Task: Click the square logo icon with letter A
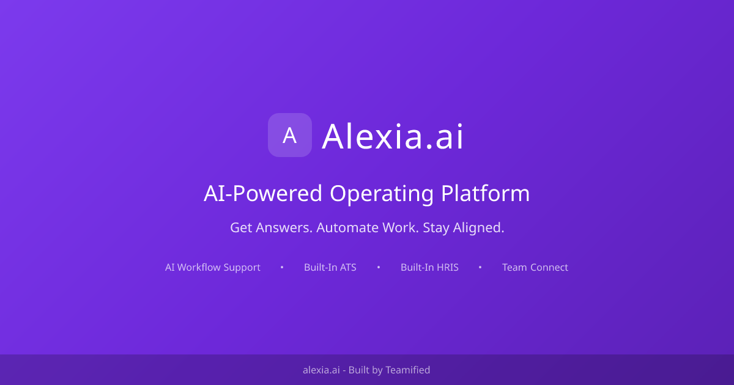point(290,135)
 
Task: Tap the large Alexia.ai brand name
point(393,136)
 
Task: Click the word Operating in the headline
point(382,193)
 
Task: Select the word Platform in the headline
point(485,193)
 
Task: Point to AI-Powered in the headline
point(262,193)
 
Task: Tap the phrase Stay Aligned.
point(464,228)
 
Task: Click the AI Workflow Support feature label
point(213,267)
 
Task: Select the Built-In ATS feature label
point(330,267)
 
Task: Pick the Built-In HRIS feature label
point(429,267)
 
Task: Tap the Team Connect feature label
point(535,267)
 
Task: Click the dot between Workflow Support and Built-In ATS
point(282,267)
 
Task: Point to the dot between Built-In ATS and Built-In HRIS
point(379,267)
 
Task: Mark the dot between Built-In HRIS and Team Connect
point(480,267)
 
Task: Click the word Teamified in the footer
point(407,370)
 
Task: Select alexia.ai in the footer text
point(321,370)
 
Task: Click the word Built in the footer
point(358,370)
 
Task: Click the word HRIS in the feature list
point(447,267)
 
